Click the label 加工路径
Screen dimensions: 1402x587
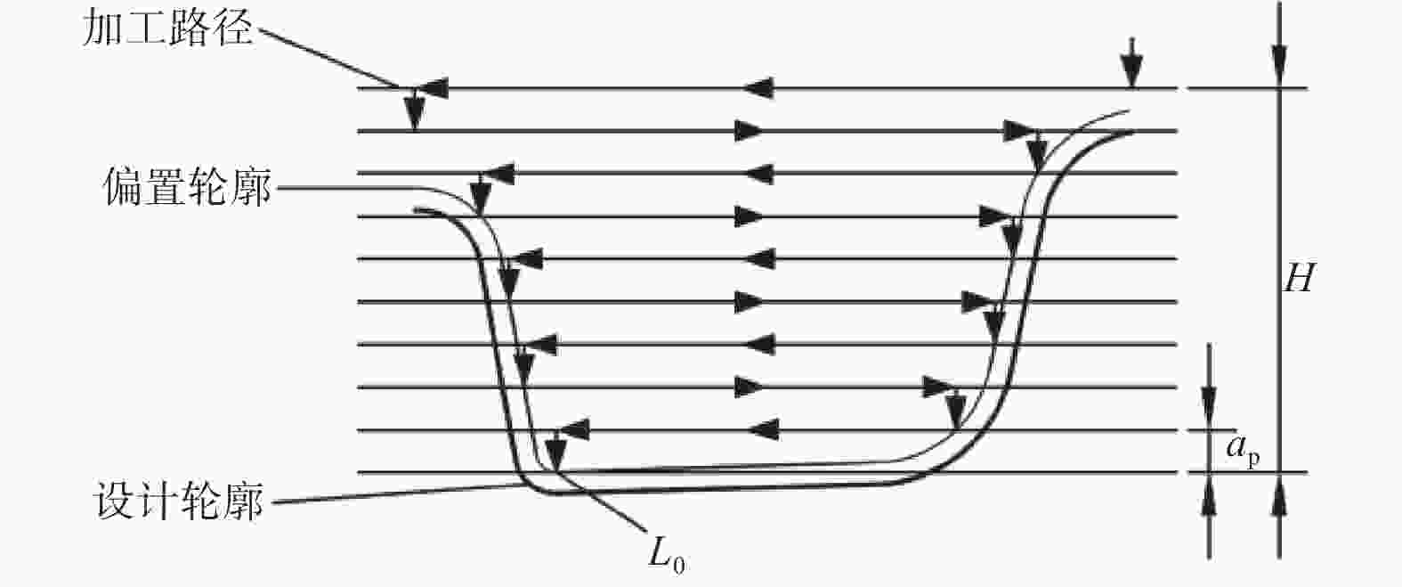point(167,29)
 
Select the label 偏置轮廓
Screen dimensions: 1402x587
point(187,186)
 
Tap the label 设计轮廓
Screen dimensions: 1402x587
point(178,501)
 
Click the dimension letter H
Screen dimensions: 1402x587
point(1300,278)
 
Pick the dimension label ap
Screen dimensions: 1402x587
point(1243,451)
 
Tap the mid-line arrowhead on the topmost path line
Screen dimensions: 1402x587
point(758,88)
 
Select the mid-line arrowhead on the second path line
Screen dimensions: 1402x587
point(750,131)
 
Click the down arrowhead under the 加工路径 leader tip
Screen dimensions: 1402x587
point(414,113)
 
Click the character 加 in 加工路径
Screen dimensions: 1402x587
point(102,29)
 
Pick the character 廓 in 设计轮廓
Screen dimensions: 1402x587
point(244,501)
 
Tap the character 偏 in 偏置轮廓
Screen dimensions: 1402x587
point(123,187)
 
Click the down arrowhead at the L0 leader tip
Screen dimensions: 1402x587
point(555,452)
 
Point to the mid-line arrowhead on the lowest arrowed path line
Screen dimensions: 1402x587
point(764,430)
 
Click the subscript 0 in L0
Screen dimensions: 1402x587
point(678,566)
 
